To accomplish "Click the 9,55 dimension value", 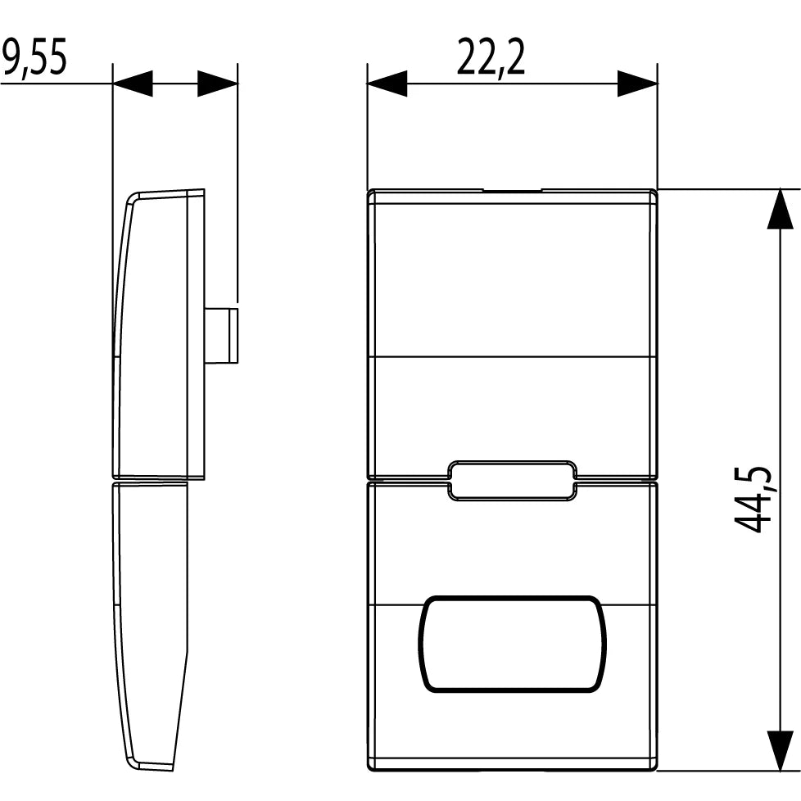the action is tap(34, 57).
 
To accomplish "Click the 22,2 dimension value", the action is tap(491, 57).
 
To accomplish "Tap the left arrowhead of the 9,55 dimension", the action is tap(133, 84).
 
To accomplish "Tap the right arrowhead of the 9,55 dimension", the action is tap(218, 84).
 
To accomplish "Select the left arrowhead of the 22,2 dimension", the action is tap(387, 84).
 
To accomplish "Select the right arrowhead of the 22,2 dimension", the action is tap(637, 84).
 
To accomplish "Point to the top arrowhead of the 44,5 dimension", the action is tap(781, 209).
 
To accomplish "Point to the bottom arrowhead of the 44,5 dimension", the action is tap(781, 750).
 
